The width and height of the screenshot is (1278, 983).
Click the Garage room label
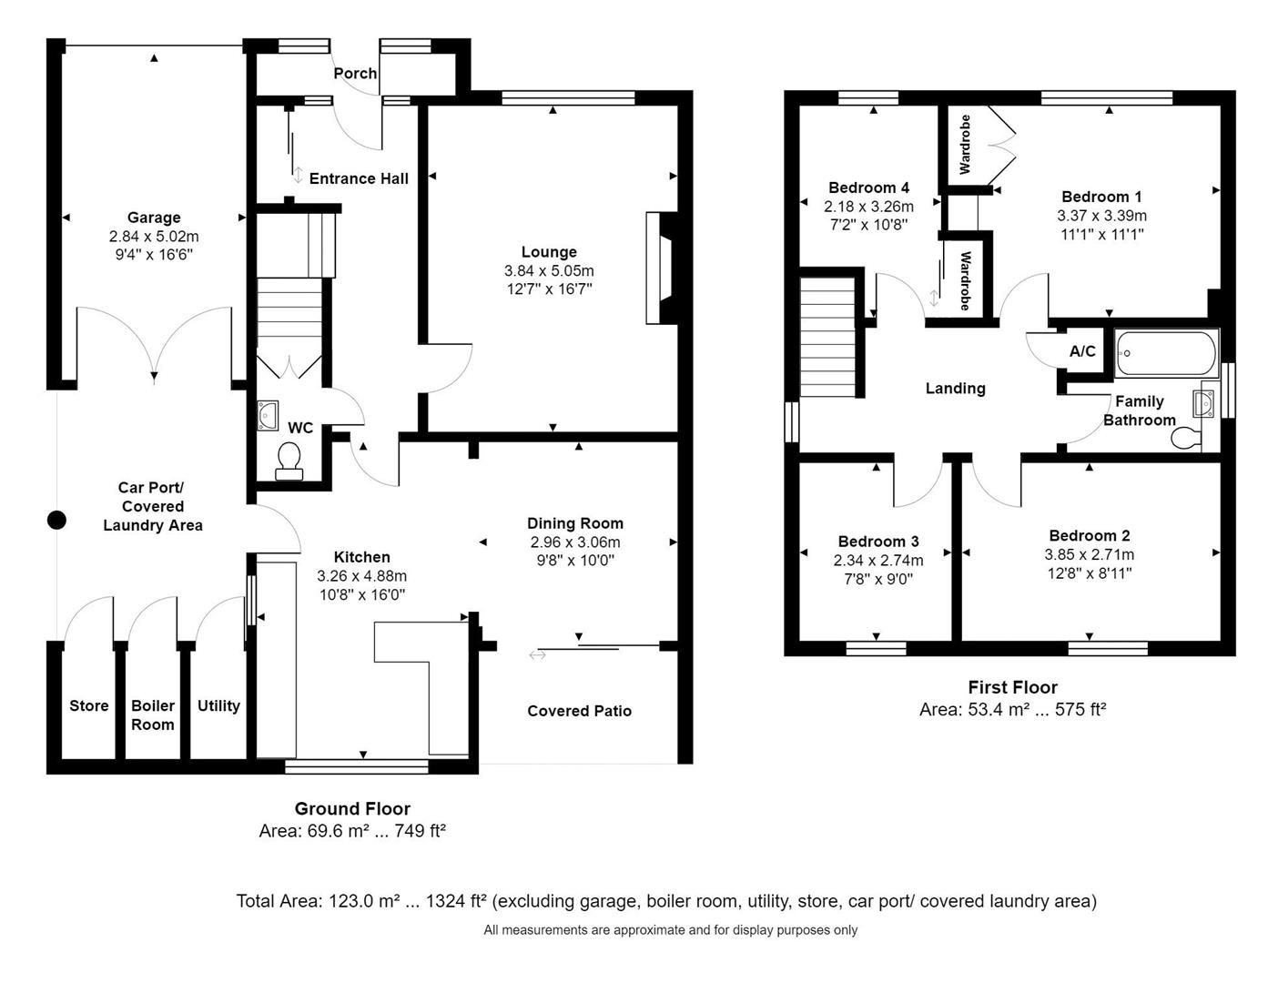[x=153, y=218]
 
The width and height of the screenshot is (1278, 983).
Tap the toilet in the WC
[x=289, y=460]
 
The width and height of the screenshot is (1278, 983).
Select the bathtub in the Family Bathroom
[x=1166, y=353]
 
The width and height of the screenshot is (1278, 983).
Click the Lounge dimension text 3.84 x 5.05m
[x=548, y=271]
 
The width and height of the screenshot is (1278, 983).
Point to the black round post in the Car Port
[x=56, y=521]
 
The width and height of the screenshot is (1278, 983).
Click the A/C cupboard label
[x=1082, y=351]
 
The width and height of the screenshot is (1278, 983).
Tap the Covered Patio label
[x=579, y=711]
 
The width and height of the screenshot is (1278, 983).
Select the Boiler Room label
[x=152, y=715]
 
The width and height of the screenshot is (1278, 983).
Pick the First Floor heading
[x=1012, y=688]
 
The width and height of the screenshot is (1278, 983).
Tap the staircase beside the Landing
[x=828, y=337]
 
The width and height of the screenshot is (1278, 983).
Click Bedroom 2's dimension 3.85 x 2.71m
[x=1089, y=554]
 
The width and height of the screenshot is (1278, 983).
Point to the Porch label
[x=355, y=74]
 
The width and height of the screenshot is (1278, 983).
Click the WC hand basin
[x=269, y=415]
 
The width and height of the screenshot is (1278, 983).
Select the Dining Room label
[x=575, y=523]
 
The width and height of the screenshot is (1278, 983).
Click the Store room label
[x=88, y=706]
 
